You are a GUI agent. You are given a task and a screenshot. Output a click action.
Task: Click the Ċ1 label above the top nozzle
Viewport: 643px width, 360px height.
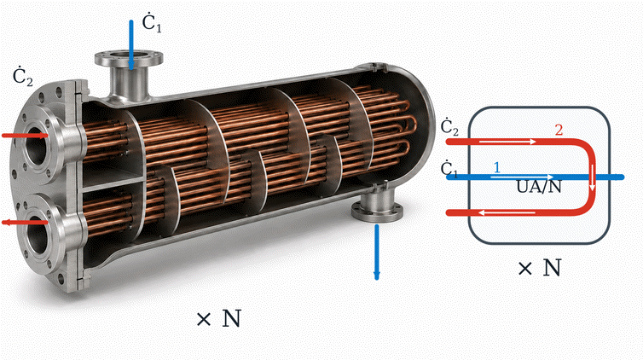click(x=152, y=23)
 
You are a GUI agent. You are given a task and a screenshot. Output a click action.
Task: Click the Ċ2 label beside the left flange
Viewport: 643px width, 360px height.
click(x=22, y=77)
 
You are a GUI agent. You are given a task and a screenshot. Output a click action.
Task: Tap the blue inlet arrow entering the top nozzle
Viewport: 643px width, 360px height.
click(x=131, y=45)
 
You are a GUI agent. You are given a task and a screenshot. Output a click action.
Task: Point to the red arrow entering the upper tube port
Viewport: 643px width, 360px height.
click(x=25, y=136)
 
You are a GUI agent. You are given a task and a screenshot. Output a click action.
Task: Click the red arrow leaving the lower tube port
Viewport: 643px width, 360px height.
click(x=25, y=223)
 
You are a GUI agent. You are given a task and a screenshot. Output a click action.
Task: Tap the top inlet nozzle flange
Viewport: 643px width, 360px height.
click(x=129, y=59)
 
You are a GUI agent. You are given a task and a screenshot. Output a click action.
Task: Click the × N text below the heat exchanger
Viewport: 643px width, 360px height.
click(x=218, y=318)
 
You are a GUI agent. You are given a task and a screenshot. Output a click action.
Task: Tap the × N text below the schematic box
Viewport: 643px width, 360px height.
click(x=539, y=268)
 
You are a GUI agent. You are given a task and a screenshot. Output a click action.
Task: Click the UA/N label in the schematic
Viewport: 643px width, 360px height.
click(x=539, y=187)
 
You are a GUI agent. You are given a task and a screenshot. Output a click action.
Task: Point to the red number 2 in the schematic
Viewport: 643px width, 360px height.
click(x=559, y=130)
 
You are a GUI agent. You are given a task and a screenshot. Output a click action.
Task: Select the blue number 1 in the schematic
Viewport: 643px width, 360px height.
click(x=497, y=167)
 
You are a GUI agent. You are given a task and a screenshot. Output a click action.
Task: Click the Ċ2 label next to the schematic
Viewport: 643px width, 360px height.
click(x=449, y=127)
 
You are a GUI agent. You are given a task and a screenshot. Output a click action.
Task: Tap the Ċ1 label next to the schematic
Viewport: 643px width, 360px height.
click(x=449, y=169)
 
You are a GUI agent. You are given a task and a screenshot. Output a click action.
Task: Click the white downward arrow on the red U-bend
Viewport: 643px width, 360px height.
click(x=592, y=177)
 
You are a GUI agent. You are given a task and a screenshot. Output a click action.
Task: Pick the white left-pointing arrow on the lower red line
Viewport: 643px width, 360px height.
click(x=507, y=212)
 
